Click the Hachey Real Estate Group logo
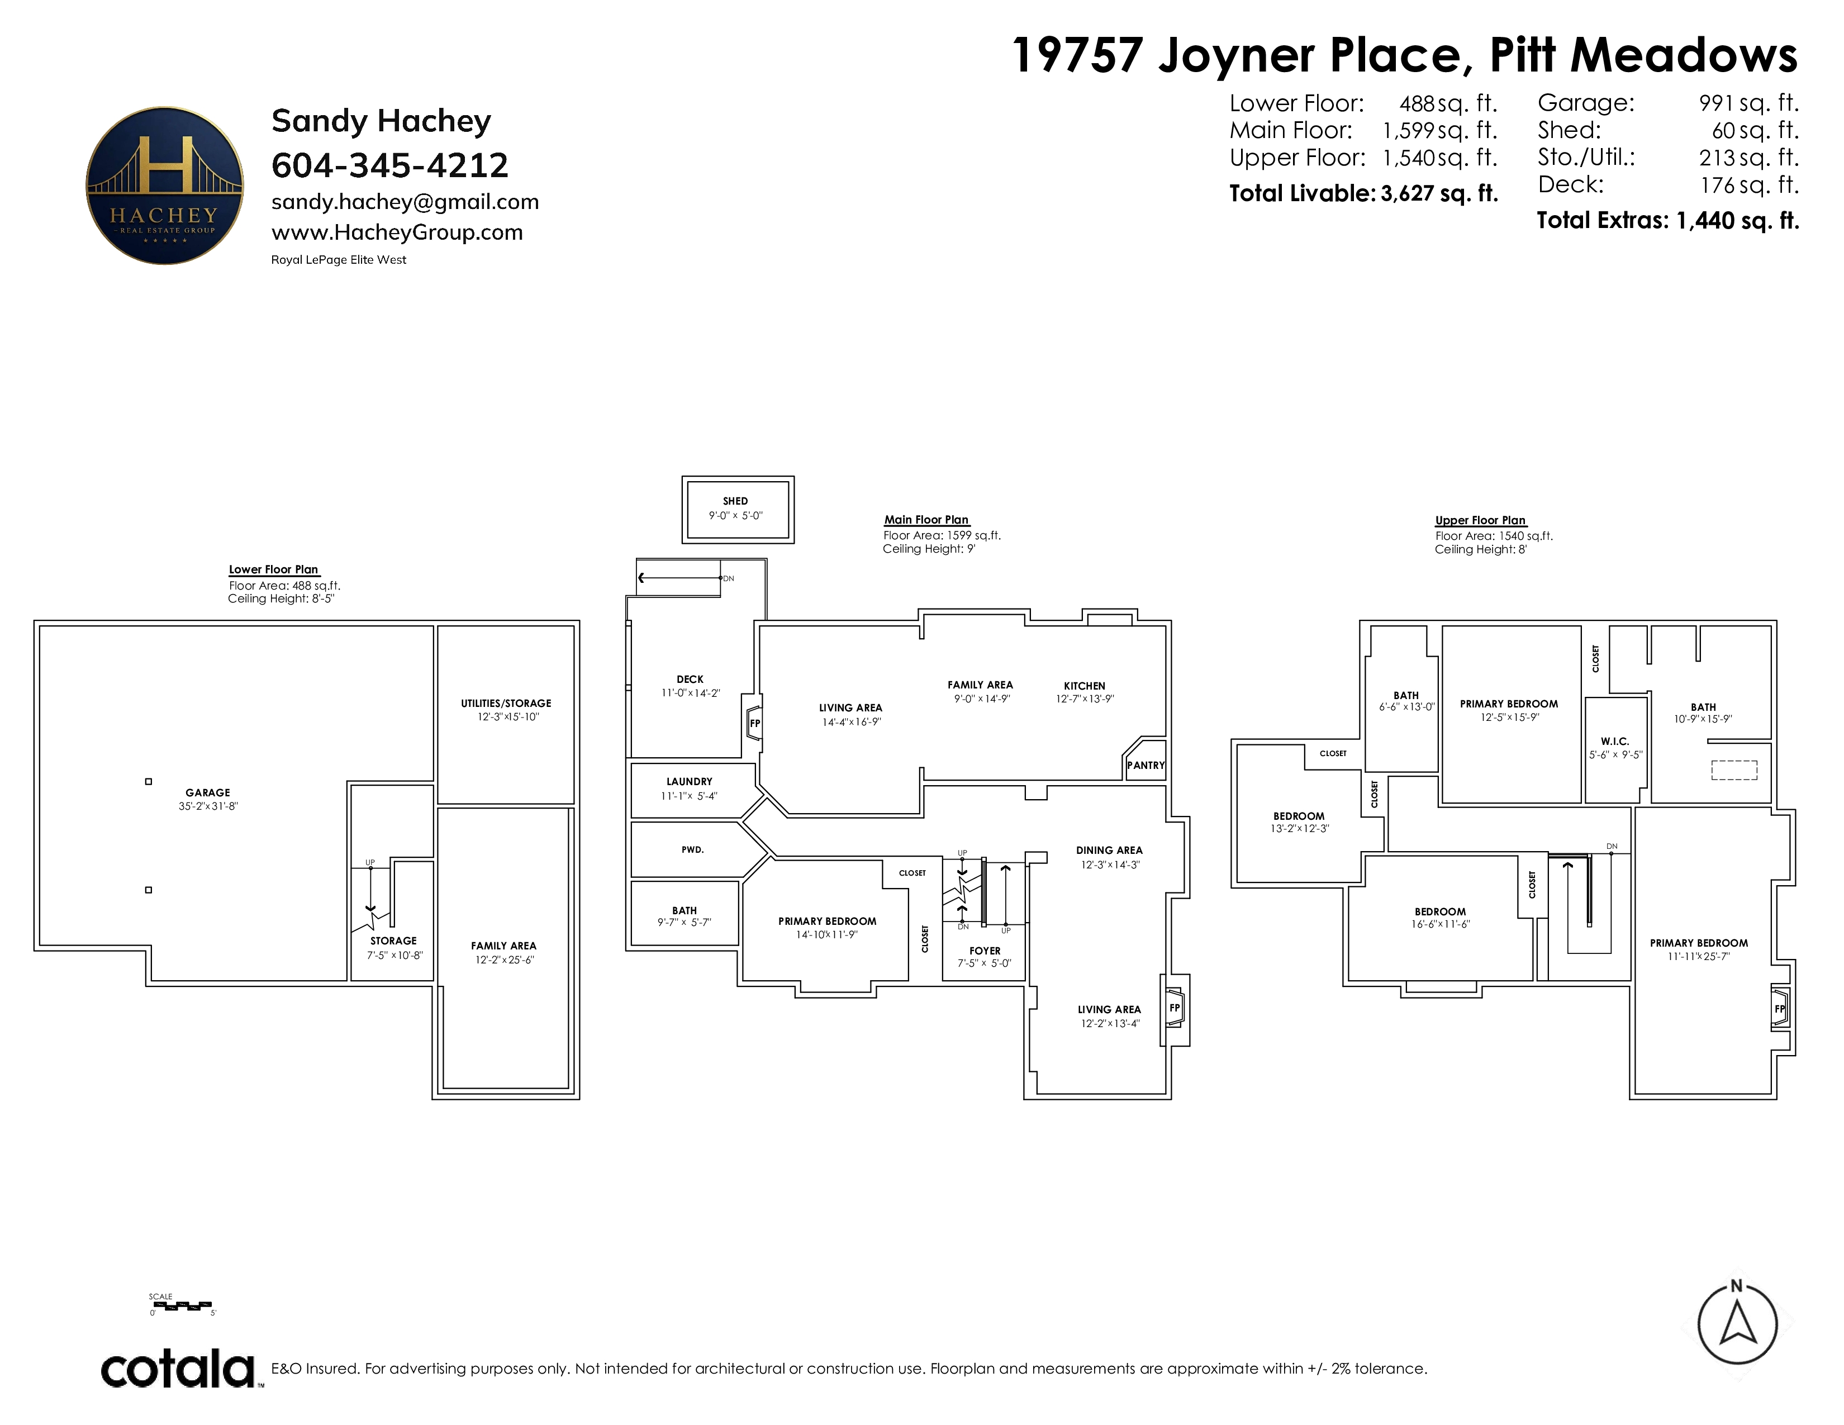tap(165, 186)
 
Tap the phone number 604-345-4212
tap(390, 165)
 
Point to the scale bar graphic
tap(182, 1307)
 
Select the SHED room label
tap(735, 501)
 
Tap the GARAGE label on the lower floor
tap(208, 793)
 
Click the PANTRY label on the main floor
tap(1146, 766)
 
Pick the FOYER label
tap(985, 951)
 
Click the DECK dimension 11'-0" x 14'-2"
tap(691, 693)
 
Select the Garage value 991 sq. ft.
tap(1748, 103)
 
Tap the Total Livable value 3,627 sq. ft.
tap(1439, 193)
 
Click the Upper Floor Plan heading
tap(1481, 520)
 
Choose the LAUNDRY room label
tap(689, 782)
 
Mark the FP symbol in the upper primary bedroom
tap(1779, 1009)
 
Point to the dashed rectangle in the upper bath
tap(1734, 770)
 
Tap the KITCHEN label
tap(1085, 686)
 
